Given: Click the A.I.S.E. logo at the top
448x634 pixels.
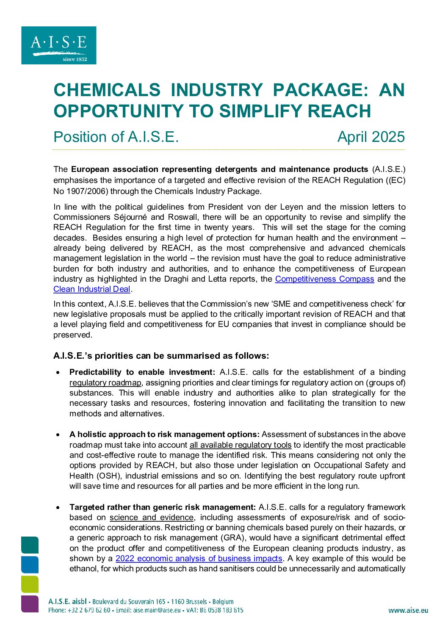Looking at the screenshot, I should click(x=59, y=45).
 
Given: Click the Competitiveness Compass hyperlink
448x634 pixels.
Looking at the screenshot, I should click(x=324, y=279).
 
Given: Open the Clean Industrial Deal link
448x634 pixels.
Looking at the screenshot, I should click(x=91, y=289).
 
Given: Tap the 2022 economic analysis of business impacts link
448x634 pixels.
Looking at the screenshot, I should click(x=199, y=559).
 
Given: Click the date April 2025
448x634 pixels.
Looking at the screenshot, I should click(x=371, y=137).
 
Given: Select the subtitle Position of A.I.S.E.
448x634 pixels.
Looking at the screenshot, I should click(x=116, y=137).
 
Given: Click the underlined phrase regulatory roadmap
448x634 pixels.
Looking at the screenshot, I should click(x=105, y=383).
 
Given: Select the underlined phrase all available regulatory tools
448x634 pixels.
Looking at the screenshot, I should click(x=240, y=445).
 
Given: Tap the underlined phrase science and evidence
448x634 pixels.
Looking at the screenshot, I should click(x=152, y=518).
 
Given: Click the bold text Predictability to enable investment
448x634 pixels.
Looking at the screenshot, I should click(x=142, y=372).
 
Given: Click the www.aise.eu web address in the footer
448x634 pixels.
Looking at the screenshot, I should click(x=408, y=610).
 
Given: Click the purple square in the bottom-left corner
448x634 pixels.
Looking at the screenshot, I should click(x=30, y=604).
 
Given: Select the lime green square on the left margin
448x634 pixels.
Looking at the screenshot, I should click(x=30, y=584).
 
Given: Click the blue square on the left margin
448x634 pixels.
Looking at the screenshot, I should click(x=30, y=565).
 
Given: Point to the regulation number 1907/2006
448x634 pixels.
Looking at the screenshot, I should click(x=88, y=191).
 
